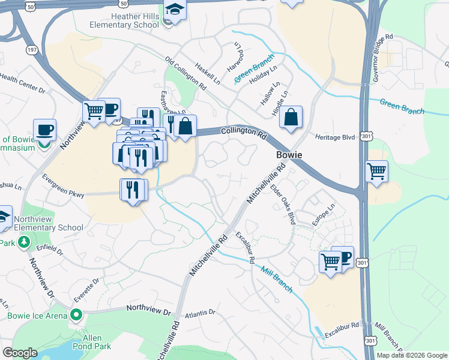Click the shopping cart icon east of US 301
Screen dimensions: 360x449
tap(376, 171)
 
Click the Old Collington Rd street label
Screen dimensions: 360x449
tap(185, 74)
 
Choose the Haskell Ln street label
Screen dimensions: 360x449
tap(208, 73)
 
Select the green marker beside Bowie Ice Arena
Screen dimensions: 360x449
tap(76, 314)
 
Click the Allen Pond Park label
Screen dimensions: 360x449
tap(91, 342)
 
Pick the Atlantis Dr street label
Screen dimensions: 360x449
tap(200, 313)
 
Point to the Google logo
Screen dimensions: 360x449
tap(20, 353)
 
